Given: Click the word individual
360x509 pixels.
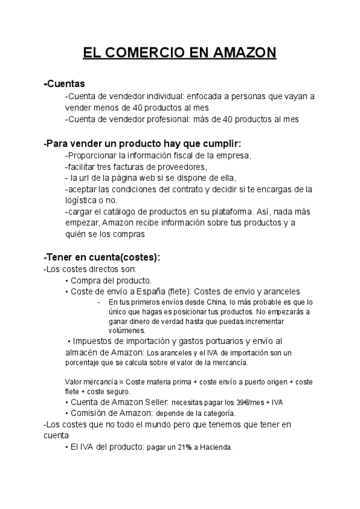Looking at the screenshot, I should [166, 96].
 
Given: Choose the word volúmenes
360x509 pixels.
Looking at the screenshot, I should [127, 330].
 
